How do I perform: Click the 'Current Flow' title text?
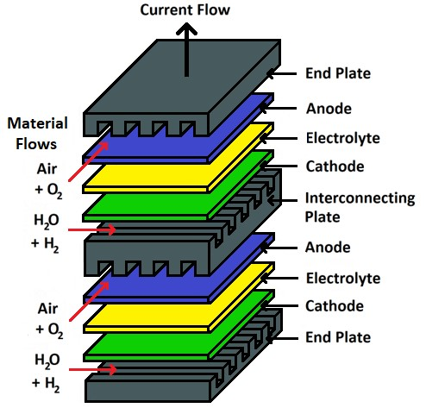185,9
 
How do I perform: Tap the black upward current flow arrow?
186,50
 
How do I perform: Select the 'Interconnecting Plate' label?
360,207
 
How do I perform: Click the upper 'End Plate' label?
338,73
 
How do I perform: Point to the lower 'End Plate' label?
338,337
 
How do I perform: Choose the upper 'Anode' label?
329,109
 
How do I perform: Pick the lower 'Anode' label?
328,248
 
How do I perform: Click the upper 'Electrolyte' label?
343,138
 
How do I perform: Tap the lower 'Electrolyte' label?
343,278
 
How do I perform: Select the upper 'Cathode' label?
335,166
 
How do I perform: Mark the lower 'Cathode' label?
335,306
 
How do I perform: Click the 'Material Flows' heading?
37,134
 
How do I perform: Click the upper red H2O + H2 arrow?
92,229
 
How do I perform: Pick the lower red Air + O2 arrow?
89,301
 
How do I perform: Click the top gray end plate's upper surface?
183,77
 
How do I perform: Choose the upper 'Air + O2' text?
48,179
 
